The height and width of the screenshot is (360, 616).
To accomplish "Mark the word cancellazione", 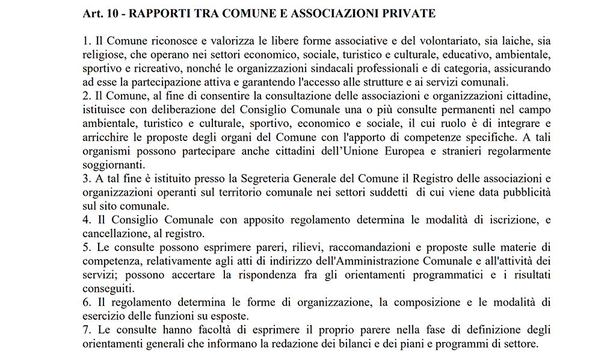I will click(x=112, y=233).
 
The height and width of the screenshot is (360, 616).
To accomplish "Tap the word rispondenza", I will click(x=277, y=274).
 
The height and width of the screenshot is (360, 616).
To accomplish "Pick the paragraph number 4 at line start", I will click(x=85, y=220).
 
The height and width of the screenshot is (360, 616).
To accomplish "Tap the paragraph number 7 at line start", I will click(x=85, y=331).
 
